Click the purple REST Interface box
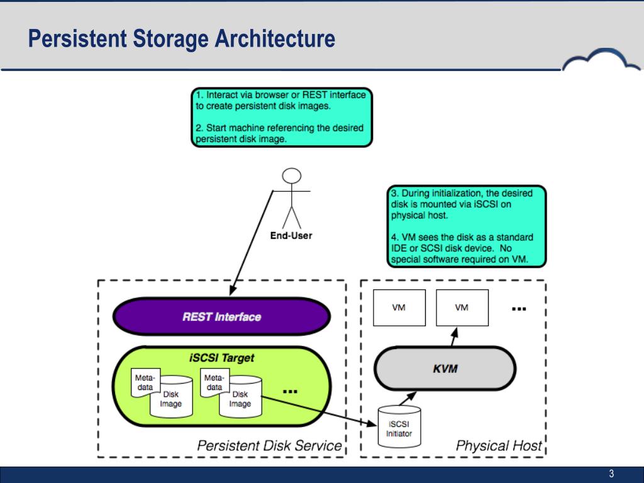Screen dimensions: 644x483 pos(221,316)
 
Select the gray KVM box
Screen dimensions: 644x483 pos(445,368)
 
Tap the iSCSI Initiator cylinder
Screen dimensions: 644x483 pos(399,426)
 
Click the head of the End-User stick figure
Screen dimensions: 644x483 pos(292,176)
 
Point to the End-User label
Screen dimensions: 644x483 pos(291,236)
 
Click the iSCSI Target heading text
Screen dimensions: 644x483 pos(222,358)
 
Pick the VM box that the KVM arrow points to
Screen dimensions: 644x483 pos(462,308)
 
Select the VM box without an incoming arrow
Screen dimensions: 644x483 pos(399,308)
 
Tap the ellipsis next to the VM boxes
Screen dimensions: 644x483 pos(519,309)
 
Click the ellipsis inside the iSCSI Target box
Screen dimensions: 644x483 pos(290,391)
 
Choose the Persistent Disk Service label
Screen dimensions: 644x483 pos(269,446)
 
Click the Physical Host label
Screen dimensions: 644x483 pos(499,446)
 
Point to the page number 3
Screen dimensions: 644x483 pos(611,474)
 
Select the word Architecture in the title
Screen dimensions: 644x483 pos(275,38)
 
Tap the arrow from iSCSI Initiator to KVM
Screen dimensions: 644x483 pos(407,399)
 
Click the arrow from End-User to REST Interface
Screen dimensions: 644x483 pos(252,243)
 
